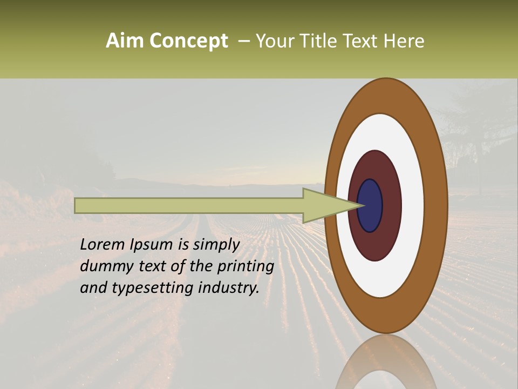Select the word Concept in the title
click(188, 42)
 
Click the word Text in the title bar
click(360, 41)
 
